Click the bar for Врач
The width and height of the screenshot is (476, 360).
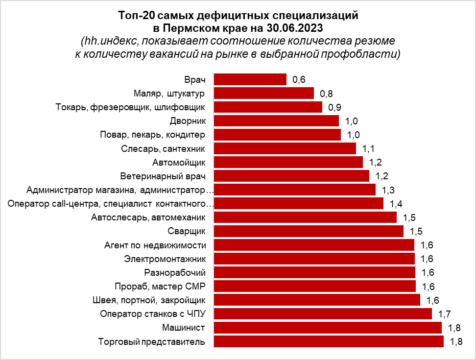point(250,79)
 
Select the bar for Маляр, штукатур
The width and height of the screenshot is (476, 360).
point(264,93)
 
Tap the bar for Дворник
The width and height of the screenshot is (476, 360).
point(277,121)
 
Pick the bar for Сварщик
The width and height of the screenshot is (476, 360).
point(309,231)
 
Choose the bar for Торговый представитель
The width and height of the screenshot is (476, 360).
point(329,341)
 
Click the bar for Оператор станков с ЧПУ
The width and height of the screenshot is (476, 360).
point(323,314)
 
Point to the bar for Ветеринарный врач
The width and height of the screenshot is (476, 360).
point(292,176)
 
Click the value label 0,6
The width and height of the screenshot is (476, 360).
point(299,79)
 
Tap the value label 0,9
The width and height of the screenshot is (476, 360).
point(334,107)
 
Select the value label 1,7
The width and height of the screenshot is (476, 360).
point(444,314)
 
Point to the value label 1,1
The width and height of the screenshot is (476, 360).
point(368,148)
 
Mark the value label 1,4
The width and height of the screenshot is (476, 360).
point(396,203)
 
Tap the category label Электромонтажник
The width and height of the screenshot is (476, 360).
point(165,259)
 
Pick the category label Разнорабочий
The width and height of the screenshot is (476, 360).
point(175,272)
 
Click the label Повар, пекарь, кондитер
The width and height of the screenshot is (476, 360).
point(152,135)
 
